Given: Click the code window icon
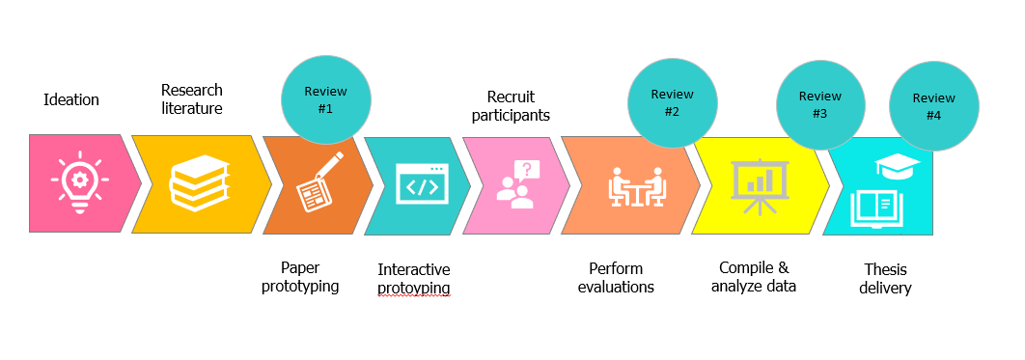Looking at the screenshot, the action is pos(423,185).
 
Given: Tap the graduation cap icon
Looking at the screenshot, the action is pos(898,167).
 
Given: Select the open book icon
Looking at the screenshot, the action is pos(876,209).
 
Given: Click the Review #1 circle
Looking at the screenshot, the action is pos(325,100).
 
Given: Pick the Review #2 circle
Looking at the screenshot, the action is pos(672,103).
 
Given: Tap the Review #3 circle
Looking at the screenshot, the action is pos(819,104).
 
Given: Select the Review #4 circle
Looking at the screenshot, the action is pos(933,106).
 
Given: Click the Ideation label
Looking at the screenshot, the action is pos(71,100).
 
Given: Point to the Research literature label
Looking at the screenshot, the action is pos(191,99).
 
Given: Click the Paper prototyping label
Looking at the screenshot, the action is pos(300,277).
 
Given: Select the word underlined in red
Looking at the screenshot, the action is pos(414,288).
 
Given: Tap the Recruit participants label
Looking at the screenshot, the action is pos(511,106).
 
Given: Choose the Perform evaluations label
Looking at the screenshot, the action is pos(616,278).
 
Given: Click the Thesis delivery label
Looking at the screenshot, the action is pos(885,279).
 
